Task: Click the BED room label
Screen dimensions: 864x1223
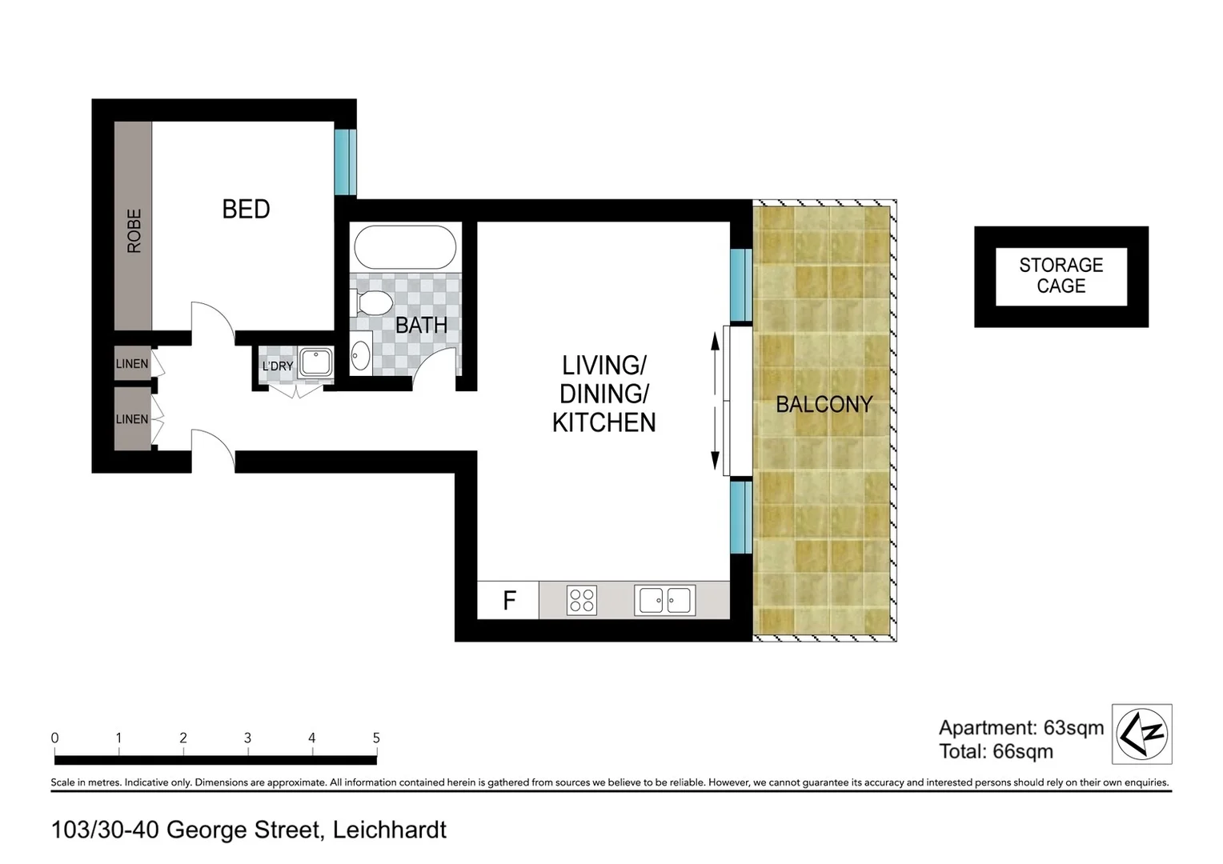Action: coord(246,210)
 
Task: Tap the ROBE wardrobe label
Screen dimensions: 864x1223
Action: coord(134,230)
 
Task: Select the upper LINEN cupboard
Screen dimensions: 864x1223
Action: coord(132,364)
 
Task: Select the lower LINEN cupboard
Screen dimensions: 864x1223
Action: coord(132,419)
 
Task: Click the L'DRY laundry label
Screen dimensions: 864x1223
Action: coord(278,366)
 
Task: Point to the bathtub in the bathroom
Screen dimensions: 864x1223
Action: coord(405,247)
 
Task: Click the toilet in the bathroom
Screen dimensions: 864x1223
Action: coord(371,302)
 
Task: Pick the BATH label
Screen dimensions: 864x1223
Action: coord(421,326)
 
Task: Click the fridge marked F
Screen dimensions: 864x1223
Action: coord(509,600)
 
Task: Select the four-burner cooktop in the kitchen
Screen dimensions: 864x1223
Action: coord(582,600)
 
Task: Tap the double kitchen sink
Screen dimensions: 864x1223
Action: coord(664,600)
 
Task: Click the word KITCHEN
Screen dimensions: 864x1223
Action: coord(604,422)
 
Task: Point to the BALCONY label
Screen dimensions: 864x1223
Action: coord(824,405)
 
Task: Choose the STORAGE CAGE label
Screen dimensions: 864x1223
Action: coord(1061,276)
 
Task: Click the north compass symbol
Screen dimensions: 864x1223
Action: coord(1142,734)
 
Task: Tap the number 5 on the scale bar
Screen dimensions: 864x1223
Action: coord(376,738)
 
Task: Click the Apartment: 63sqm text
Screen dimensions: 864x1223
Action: coord(1021,728)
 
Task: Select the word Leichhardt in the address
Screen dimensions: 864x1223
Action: coord(390,830)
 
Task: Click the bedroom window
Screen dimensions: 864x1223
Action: coord(345,162)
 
